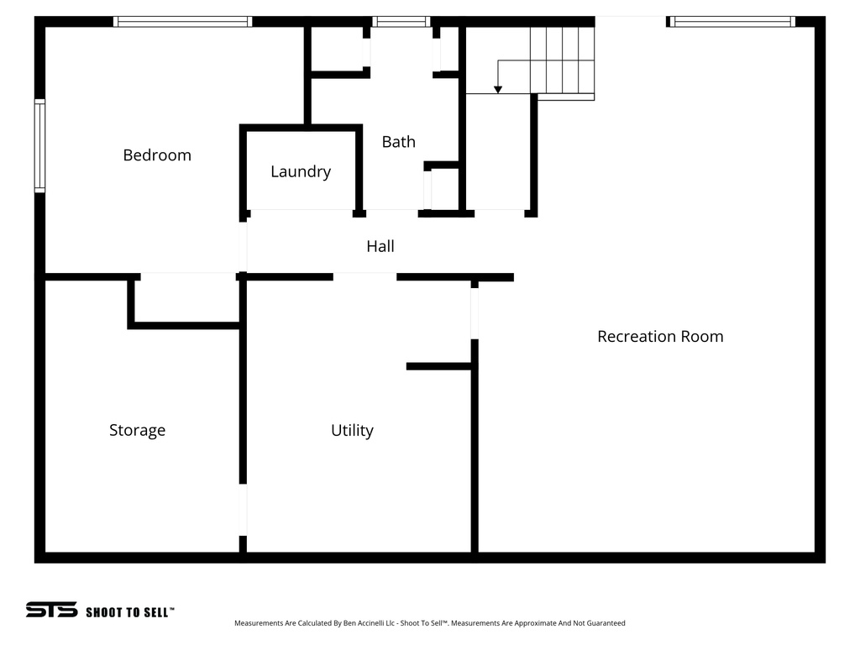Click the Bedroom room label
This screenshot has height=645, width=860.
pyautogui.click(x=157, y=155)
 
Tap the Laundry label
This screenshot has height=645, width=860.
pyautogui.click(x=301, y=171)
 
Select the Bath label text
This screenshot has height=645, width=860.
pyautogui.click(x=398, y=142)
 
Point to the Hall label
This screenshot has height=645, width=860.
pyautogui.click(x=380, y=246)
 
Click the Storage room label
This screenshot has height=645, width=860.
pyautogui.click(x=137, y=430)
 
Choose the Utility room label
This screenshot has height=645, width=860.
pyautogui.click(x=352, y=430)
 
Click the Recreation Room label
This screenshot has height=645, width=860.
pyautogui.click(x=660, y=336)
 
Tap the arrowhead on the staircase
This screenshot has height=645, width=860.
pyautogui.click(x=498, y=89)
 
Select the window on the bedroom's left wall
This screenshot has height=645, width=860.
pyautogui.click(x=39, y=146)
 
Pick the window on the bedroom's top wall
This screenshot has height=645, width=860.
pyautogui.click(x=182, y=22)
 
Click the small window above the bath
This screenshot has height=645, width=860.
pyautogui.click(x=401, y=22)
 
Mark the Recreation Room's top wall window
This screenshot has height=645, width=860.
pyautogui.click(x=732, y=22)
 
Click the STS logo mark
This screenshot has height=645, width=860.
pyautogui.click(x=51, y=610)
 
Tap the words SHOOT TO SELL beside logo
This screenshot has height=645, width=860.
pyautogui.click(x=129, y=612)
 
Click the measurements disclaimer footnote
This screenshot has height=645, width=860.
pyautogui.click(x=429, y=623)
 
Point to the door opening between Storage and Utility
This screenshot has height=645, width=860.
pyautogui.click(x=243, y=510)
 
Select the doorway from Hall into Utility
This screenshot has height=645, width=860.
pyautogui.click(x=364, y=276)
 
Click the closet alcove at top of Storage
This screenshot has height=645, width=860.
pyautogui.click(x=186, y=298)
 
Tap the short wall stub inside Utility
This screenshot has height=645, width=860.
pyautogui.click(x=438, y=366)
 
